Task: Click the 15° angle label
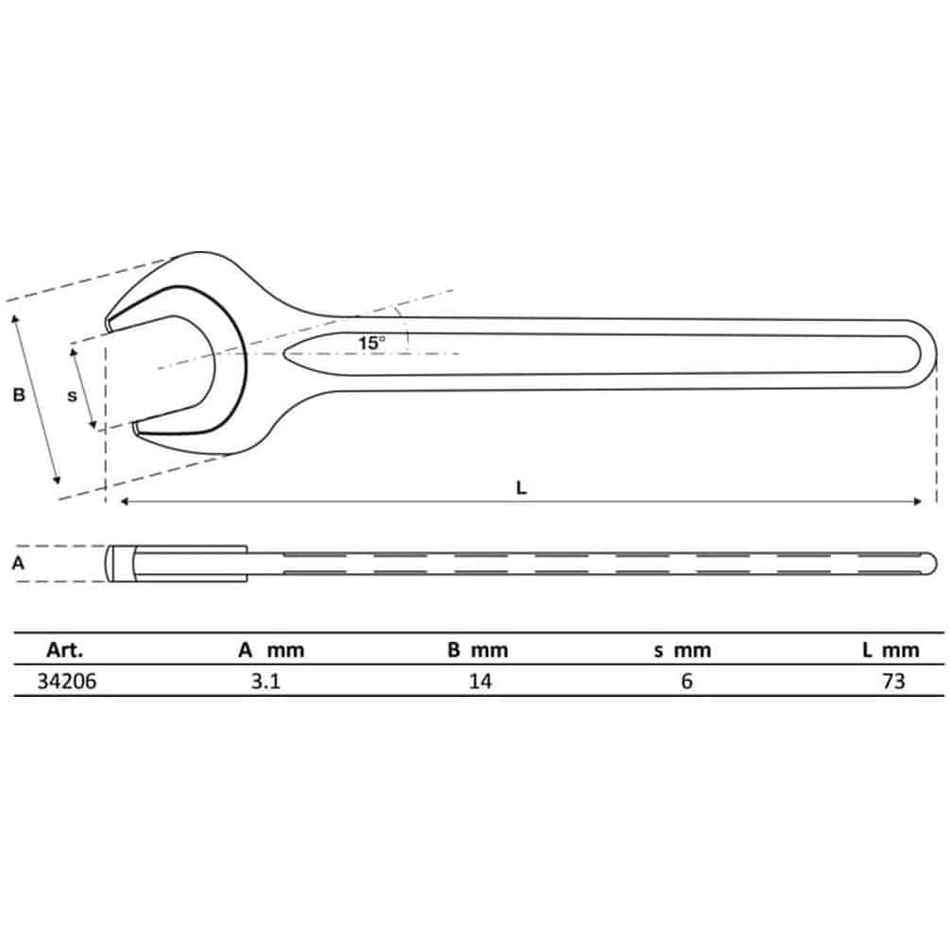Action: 372,343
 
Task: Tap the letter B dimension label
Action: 19,396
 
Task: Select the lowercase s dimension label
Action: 72,396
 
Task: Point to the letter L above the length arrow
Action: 521,488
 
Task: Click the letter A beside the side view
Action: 18,564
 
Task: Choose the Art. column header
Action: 65,650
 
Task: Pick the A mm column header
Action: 271,650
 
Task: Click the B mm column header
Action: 478,650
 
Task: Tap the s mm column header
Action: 683,651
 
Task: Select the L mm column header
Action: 890,650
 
